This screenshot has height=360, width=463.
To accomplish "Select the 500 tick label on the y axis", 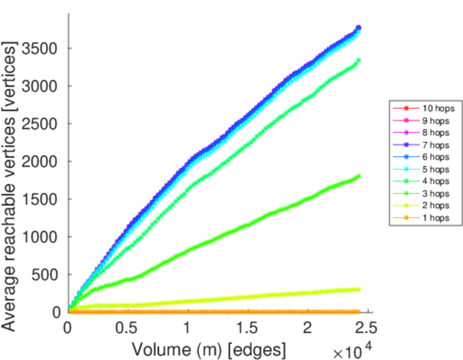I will tap(48, 275).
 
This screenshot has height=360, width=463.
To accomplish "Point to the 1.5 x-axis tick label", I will tap(247, 329).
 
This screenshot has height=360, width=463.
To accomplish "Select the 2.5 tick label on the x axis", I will tap(367, 329).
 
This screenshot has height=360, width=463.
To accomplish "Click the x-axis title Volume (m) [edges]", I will tap(208, 349).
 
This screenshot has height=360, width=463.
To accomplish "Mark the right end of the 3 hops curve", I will tap(359, 176).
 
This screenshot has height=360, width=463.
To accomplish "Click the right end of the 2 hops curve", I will tap(359, 289).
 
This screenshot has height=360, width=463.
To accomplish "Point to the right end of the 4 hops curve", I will tap(359, 60).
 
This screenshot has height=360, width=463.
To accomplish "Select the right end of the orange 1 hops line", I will tap(359, 311).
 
